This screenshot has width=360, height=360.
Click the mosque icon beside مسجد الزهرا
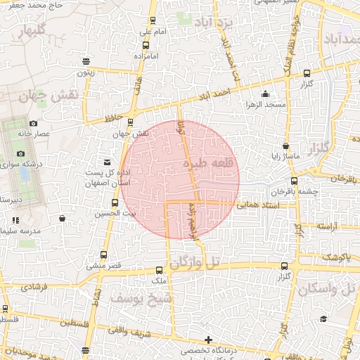tap(264, 94)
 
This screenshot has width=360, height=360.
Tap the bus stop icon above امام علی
tap(153, 21)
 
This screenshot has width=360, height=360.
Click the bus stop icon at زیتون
tap(86, 61)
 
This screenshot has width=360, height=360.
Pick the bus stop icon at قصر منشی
tap(104, 255)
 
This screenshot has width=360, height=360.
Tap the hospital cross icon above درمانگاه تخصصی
tap(207, 340)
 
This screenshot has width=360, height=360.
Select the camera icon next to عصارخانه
tap(33, 124)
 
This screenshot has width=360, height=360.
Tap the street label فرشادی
tap(34, 287)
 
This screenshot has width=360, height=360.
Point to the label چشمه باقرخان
tap(295, 191)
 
